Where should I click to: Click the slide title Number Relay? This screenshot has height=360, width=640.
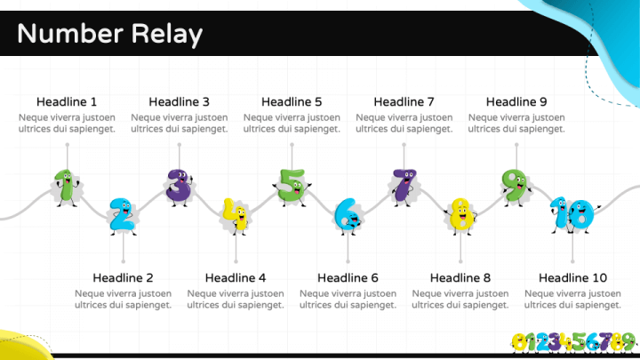(110, 34)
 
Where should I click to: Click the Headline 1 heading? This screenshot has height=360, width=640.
(67, 101)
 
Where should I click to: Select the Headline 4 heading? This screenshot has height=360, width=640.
(236, 278)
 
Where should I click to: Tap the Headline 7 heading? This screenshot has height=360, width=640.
(404, 101)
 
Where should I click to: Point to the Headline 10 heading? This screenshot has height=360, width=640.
(572, 278)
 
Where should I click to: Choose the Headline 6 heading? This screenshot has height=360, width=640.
(348, 278)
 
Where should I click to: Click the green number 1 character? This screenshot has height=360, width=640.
(67, 188)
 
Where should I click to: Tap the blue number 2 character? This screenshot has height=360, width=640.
(123, 216)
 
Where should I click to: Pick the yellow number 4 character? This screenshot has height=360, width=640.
(236, 216)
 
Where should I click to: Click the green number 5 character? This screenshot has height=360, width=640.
(292, 188)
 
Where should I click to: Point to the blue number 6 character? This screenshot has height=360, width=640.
(348, 216)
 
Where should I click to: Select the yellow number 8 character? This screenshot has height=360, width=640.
(460, 216)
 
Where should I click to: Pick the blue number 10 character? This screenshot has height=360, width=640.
(573, 215)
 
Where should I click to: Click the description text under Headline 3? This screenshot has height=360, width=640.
(180, 124)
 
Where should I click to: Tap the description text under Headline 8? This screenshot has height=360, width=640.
(460, 300)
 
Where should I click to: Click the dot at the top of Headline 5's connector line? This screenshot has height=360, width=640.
(292, 145)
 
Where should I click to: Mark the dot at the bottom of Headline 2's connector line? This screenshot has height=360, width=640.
(124, 261)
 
